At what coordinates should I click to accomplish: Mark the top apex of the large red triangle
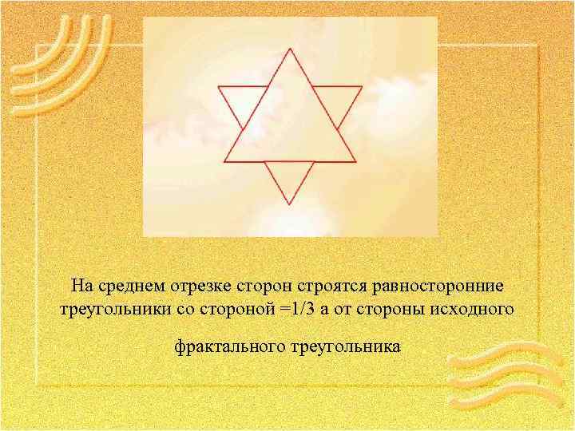pos(290,48)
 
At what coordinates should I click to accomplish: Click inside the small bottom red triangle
pos(289,176)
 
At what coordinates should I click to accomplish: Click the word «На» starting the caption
pos(80,286)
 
